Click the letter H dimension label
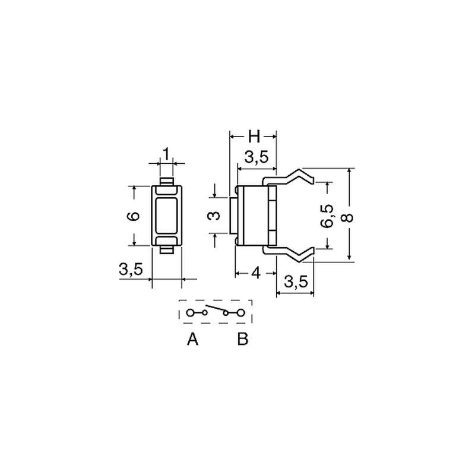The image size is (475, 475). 254,137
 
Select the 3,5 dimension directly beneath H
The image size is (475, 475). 256,157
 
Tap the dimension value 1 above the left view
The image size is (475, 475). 166,154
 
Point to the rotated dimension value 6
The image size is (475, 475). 134,216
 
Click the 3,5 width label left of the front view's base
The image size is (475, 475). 131,269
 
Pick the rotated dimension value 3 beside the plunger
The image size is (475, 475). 214,216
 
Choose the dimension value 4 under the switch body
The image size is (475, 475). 256,274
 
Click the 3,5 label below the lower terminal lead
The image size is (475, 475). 296,281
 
